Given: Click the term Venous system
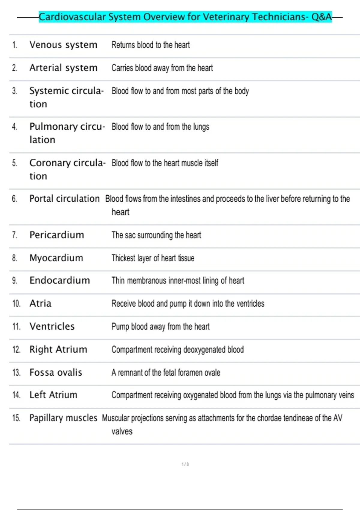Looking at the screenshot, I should pyautogui.click(x=63, y=45).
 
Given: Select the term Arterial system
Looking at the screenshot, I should pyautogui.click(x=63, y=68).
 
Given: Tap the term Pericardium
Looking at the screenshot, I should pyautogui.click(x=57, y=235).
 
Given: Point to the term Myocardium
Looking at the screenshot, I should pyautogui.click(x=56, y=258).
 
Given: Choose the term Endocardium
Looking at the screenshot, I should pyautogui.click(x=60, y=280).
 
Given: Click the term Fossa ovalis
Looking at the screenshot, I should pyautogui.click(x=55, y=373).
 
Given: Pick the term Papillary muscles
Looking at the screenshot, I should pyautogui.click(x=63, y=418).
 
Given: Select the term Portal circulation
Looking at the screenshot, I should pyautogui.click(x=64, y=199).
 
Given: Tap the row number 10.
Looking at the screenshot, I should pyautogui.click(x=16, y=304).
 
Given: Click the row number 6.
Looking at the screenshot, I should pyautogui.click(x=14, y=199).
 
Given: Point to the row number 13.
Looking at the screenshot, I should pyautogui.click(x=16, y=373).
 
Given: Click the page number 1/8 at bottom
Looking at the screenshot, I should pyautogui.click(x=185, y=464).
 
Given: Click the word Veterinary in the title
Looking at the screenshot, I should pyautogui.click(x=226, y=17).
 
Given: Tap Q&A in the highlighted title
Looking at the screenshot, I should pyautogui.click(x=321, y=17).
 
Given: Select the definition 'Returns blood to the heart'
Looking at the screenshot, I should pyautogui.click(x=151, y=45).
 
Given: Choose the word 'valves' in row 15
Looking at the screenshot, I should pyautogui.click(x=122, y=431).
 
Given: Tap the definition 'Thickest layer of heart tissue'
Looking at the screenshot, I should pyautogui.click(x=153, y=258).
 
